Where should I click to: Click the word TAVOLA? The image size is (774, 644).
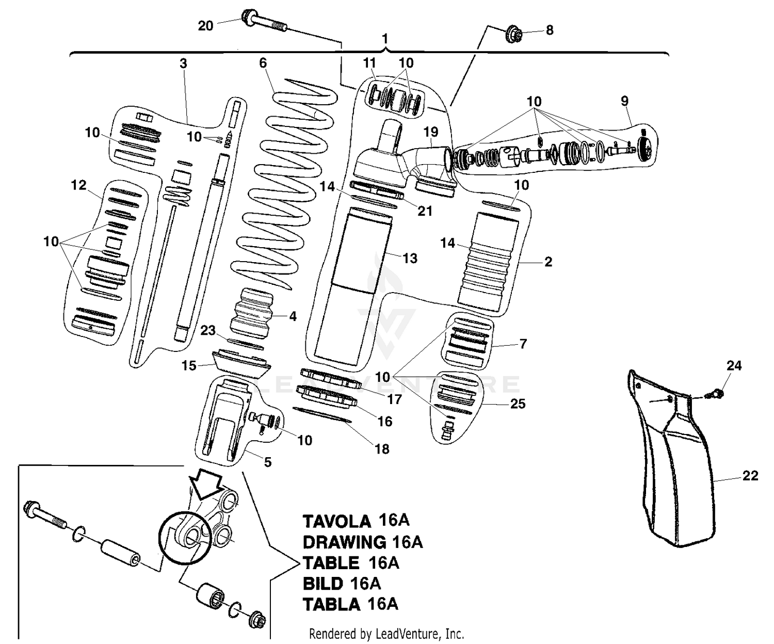tap(336, 521)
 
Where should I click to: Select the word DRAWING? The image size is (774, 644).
tap(344, 542)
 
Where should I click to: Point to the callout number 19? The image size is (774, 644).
tap(431, 132)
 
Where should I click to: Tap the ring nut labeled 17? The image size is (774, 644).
tap(330, 379)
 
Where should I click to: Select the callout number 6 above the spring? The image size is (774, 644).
tap(263, 63)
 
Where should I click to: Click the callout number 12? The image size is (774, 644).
tap(78, 185)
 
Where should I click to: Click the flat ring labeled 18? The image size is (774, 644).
tap(322, 414)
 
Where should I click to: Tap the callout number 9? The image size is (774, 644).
tap(625, 101)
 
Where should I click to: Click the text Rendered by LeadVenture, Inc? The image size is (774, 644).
tap(386, 633)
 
